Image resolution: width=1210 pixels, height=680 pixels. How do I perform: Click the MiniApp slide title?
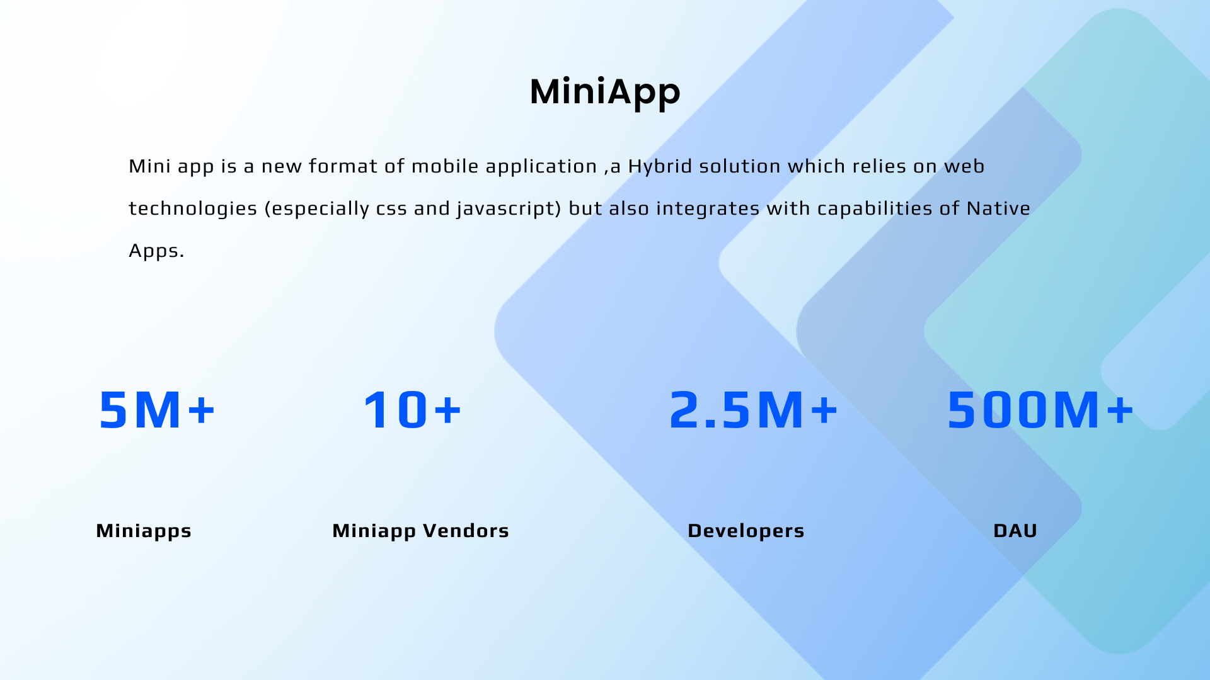(605, 92)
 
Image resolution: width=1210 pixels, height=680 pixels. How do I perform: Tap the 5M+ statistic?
(157, 410)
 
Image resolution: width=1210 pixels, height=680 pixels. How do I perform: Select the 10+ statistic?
(412, 410)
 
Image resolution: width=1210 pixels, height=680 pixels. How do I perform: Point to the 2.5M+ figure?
(753, 410)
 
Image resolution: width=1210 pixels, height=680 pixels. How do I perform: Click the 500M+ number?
(1040, 410)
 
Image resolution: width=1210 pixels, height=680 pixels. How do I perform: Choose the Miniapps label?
(144, 531)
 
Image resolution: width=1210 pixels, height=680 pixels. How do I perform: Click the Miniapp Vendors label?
(420, 531)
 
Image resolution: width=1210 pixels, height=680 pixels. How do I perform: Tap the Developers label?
(746, 531)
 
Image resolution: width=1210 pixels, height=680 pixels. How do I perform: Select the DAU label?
(1015, 531)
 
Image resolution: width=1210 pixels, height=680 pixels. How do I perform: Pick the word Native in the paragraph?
(998, 208)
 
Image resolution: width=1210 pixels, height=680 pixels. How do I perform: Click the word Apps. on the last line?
(156, 251)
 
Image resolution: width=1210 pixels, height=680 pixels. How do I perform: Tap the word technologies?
(193, 209)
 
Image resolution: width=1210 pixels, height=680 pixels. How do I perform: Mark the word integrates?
(708, 209)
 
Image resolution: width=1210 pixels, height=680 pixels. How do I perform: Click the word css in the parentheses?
(391, 209)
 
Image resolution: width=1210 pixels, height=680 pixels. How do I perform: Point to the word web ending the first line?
(964, 166)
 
